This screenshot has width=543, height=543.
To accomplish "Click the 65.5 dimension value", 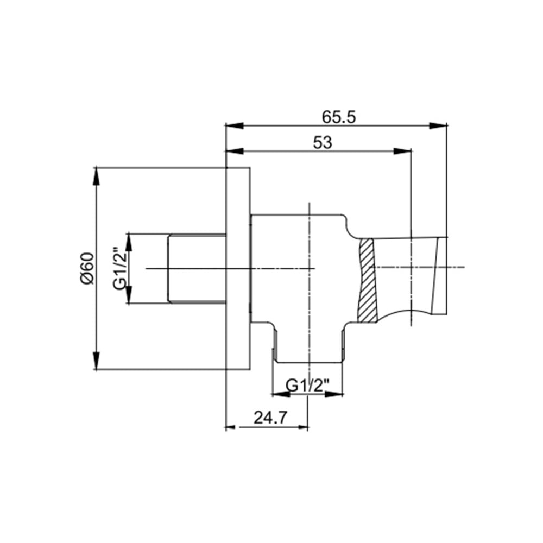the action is pos(339,117).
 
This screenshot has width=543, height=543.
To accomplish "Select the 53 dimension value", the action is pos(323,142).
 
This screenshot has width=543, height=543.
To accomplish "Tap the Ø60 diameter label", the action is pos(87,268).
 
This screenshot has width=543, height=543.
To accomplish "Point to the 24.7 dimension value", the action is pos(270,418).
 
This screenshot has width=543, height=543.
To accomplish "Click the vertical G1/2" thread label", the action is pos(120,268).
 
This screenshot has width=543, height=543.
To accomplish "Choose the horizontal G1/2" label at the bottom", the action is pos(308,386).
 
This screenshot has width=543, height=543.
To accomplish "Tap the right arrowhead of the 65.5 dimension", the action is pos(438,125).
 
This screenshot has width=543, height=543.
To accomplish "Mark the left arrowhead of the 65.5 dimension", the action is pos(235,125).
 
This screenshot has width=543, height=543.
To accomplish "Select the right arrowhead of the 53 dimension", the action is pos(402,150).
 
